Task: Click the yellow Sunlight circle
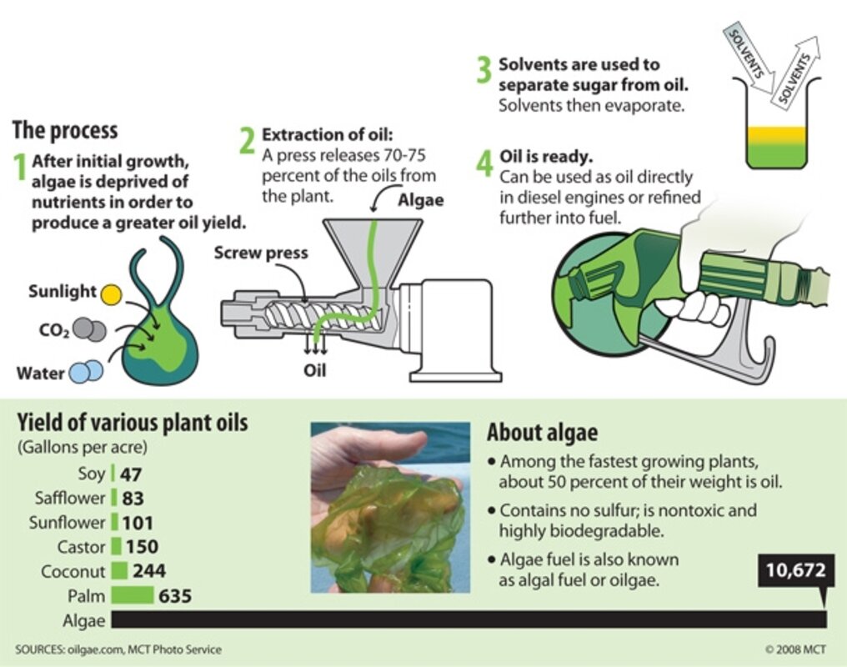coord(111,293)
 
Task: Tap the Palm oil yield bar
coord(133,596)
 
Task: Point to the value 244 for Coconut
coord(149,572)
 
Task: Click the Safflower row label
coord(70,499)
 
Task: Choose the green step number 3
coord(484,71)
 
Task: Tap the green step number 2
coord(247,141)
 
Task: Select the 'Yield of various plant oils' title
coord(133,423)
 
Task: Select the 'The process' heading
coord(65,131)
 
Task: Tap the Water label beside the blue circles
coord(40,373)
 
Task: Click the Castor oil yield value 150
coord(143,548)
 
